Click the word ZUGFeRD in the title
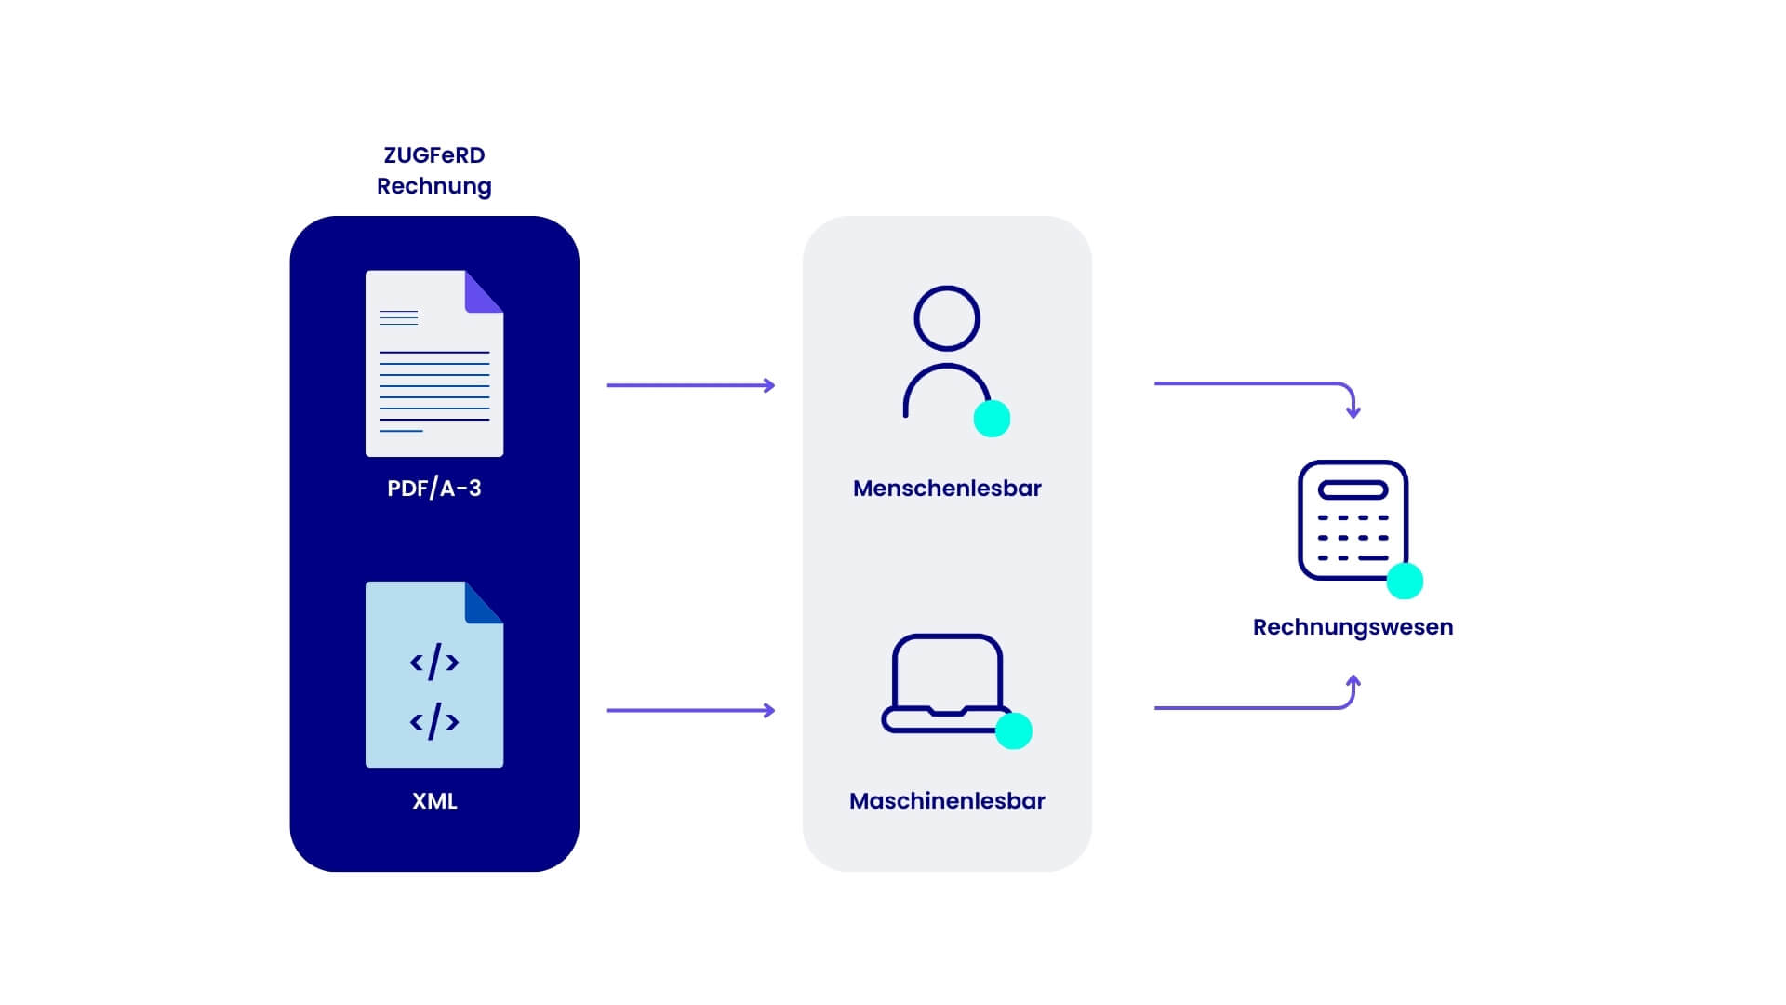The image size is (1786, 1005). point(434,154)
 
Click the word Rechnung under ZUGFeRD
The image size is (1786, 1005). point(434,186)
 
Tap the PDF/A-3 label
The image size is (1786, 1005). point(434,488)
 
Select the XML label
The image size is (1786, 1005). point(434,800)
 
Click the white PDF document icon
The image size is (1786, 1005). point(434,363)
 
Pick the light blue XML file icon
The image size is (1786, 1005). point(434,675)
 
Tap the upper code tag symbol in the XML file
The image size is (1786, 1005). point(434,662)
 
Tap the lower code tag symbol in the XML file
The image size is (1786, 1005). point(434,721)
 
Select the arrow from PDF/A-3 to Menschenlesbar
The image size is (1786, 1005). point(691,385)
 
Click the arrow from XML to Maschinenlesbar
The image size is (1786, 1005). point(691,710)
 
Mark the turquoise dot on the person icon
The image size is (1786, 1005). point(992,419)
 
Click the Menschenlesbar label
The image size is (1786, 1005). point(947,488)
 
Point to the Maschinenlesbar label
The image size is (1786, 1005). point(947,800)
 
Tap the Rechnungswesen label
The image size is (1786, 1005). point(1353,627)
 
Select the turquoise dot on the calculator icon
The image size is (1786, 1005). point(1405,581)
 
